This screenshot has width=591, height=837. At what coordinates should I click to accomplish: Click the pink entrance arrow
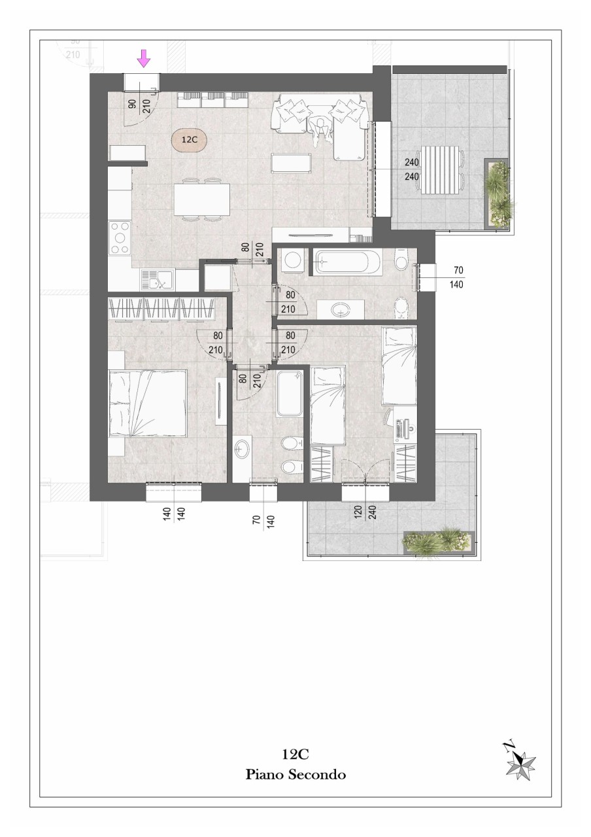(143, 60)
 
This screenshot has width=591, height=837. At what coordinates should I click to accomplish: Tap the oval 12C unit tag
(189, 140)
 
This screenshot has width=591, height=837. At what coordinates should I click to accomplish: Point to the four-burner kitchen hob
(120, 237)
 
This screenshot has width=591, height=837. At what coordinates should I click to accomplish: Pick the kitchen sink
(157, 280)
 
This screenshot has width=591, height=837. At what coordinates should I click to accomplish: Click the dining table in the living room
(202, 199)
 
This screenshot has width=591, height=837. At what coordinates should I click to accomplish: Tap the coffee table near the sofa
(291, 163)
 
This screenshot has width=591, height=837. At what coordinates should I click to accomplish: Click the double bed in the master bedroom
(148, 403)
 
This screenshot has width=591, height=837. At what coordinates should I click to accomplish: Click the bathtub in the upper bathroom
(346, 262)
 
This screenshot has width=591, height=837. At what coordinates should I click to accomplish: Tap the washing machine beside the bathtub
(294, 259)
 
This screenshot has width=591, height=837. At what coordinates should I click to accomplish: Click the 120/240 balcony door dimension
(365, 516)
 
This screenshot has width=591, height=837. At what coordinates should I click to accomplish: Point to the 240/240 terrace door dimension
(411, 169)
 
